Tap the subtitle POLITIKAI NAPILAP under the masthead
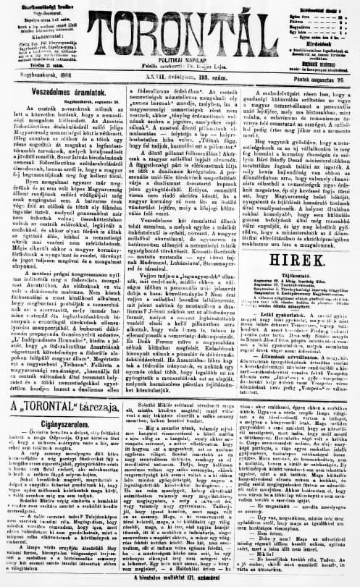click(x=180, y=57)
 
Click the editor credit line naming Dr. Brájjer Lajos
click(x=180, y=65)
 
